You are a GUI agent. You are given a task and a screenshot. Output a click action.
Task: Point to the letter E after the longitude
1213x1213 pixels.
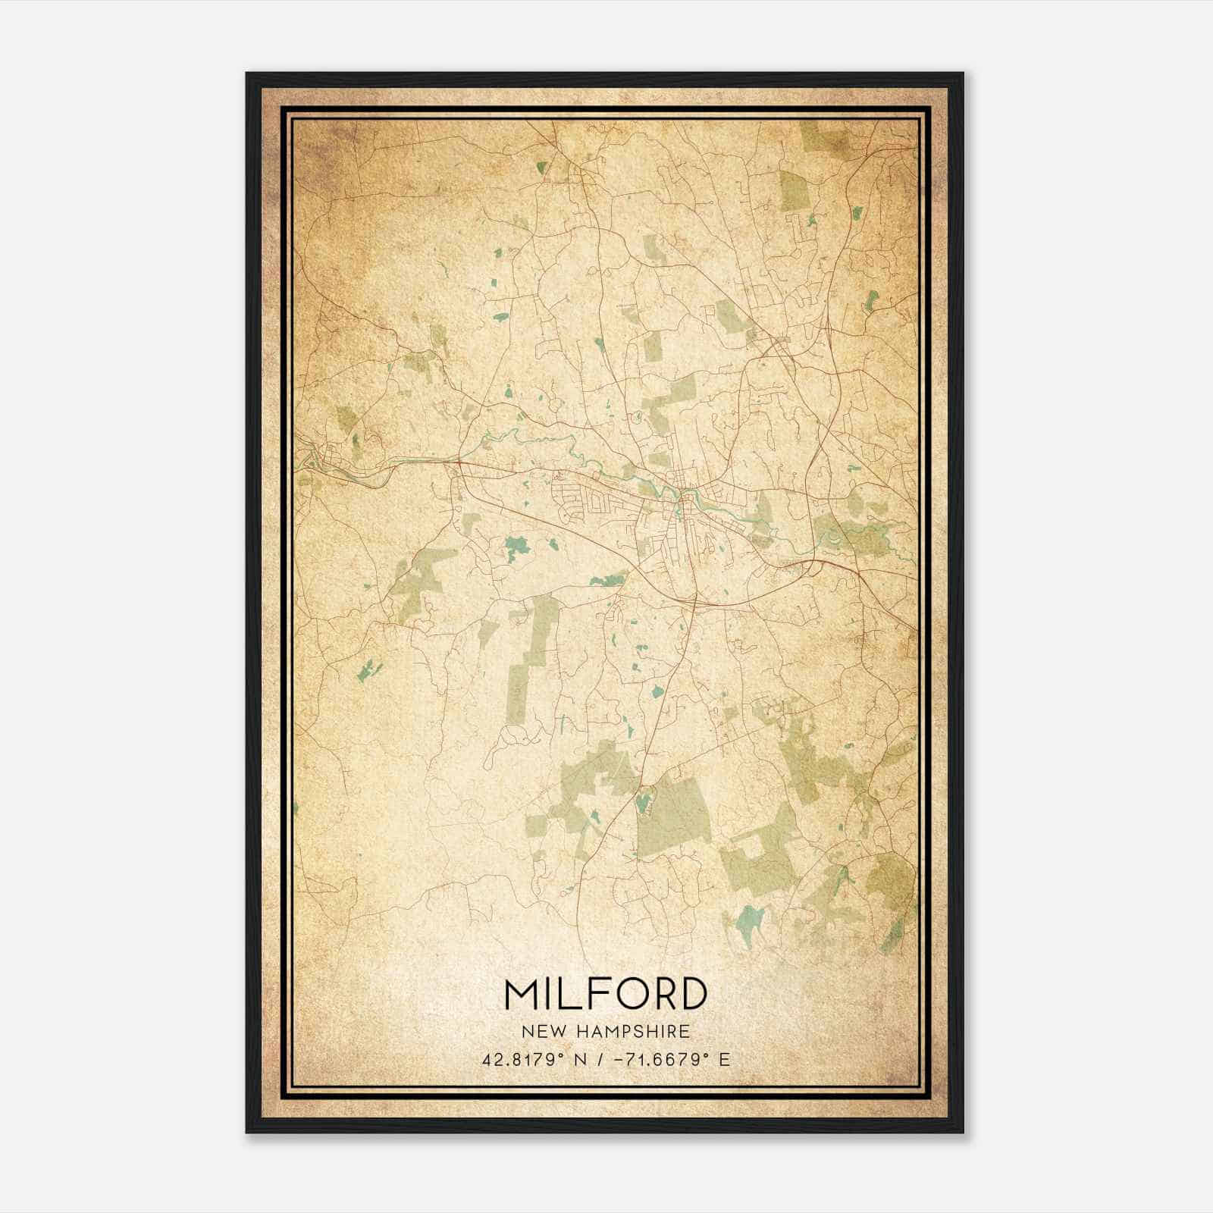point(726,1059)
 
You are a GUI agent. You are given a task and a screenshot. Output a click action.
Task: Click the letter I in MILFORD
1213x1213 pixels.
point(549,995)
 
